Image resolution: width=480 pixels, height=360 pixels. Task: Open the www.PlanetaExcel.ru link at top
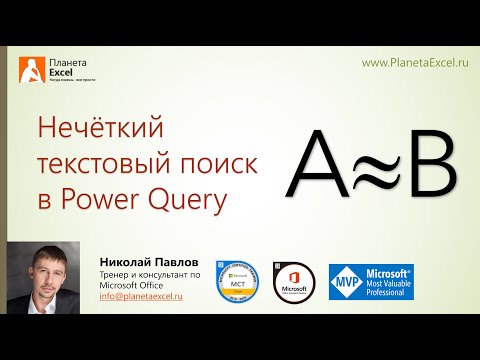[415, 62]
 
